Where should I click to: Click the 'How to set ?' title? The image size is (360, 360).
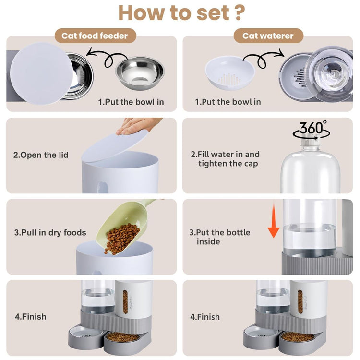pos(181,13)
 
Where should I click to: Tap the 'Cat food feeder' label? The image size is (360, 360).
pos(95,36)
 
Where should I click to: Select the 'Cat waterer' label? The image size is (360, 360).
pos(268,36)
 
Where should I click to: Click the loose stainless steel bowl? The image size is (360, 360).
pos(140,73)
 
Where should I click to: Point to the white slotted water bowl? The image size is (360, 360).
pos(229,73)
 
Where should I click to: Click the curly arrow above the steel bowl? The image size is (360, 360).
pos(107,57)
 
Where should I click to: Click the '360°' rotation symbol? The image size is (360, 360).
pos(312,130)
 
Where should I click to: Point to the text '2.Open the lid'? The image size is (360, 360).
pos(41,155)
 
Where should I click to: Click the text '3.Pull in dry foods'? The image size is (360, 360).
pos(50,233)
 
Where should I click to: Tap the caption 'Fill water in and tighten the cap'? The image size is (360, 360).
pos(225,159)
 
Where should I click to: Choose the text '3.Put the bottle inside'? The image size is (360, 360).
pos(220,237)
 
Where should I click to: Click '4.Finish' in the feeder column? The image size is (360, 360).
pos(31,317)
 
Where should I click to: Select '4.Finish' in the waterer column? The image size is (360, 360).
pos(205,317)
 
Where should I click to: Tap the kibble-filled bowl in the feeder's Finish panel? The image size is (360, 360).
pos(122,337)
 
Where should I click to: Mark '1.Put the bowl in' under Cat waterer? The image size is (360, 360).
pos(228,102)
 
